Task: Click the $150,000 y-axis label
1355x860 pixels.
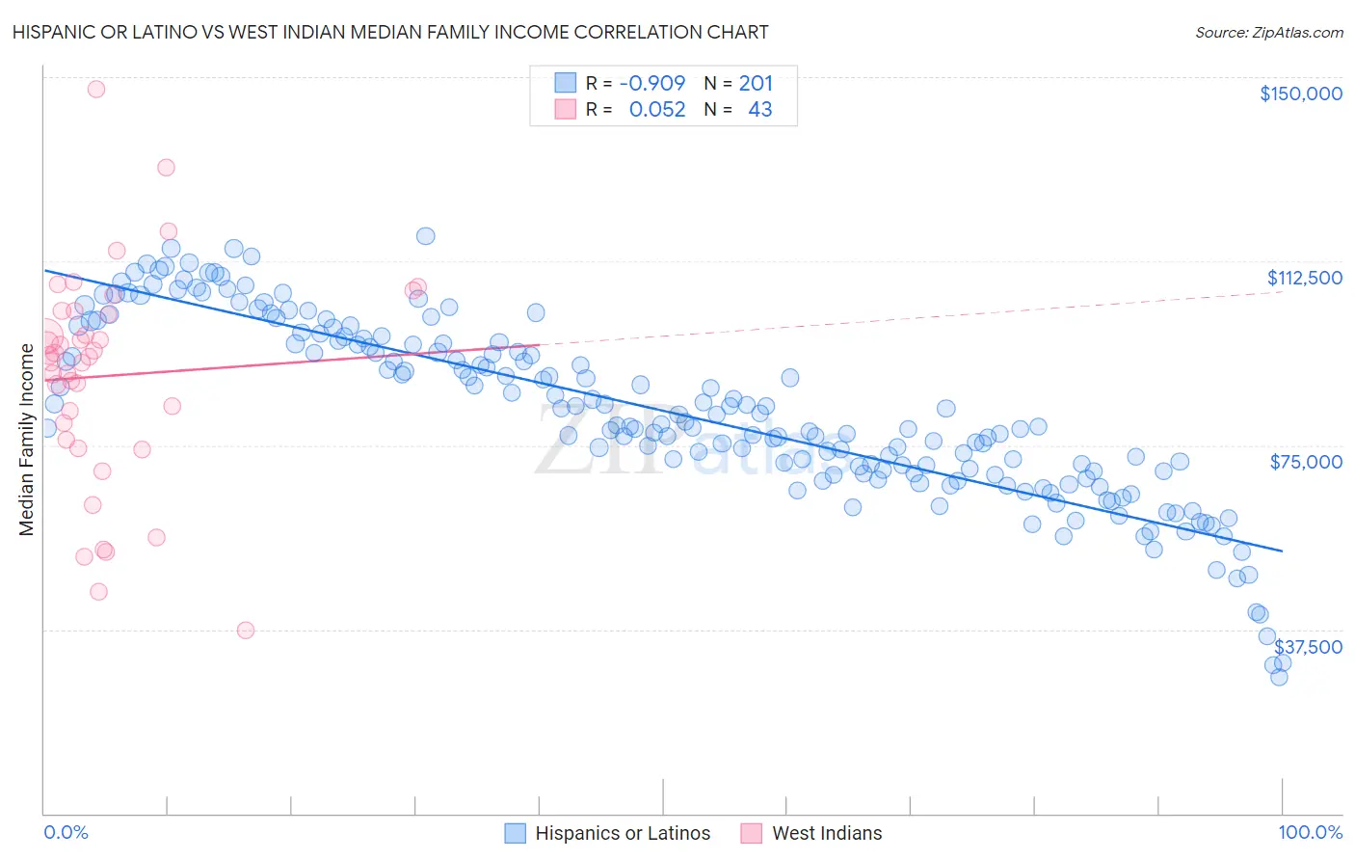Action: (x=1300, y=94)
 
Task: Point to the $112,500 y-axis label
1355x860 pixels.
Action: (x=1304, y=278)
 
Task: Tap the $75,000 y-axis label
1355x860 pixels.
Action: (x=1306, y=462)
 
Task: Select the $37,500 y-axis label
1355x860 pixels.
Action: (x=1308, y=646)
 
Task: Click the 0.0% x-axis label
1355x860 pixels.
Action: (x=66, y=832)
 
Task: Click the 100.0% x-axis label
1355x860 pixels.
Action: (x=1311, y=832)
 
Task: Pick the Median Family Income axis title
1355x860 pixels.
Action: (x=27, y=439)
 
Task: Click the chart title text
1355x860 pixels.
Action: (x=390, y=32)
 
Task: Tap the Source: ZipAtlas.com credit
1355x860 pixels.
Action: (x=1268, y=32)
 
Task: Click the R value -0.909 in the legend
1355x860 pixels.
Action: (x=652, y=83)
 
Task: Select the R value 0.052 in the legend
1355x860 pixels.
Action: (x=657, y=109)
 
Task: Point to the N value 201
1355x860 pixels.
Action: (x=756, y=83)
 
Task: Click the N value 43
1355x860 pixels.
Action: (x=759, y=109)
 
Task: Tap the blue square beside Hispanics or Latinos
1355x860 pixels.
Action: (x=516, y=833)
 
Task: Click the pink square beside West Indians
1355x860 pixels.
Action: (x=752, y=833)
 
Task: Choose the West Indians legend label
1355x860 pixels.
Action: (x=827, y=833)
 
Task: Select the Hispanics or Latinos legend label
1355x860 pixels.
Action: (x=623, y=833)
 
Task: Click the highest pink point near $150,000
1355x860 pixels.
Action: (x=96, y=89)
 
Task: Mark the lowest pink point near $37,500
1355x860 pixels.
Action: (x=246, y=630)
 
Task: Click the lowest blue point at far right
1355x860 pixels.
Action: (x=1279, y=677)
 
